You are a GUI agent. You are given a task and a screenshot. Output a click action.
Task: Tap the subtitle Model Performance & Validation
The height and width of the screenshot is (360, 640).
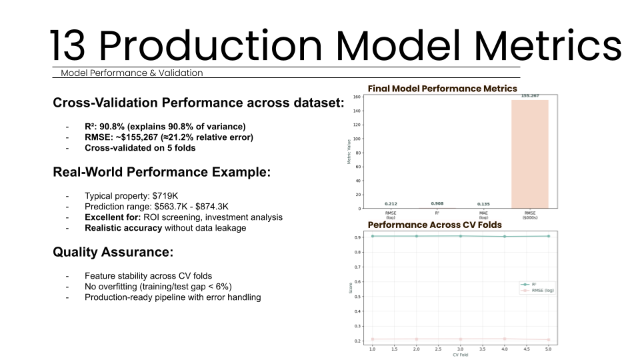pos(131,73)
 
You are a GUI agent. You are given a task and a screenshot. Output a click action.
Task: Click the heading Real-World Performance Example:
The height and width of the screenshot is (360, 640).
pos(161,171)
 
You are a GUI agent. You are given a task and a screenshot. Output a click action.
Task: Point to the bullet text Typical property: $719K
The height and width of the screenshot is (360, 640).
pos(131,196)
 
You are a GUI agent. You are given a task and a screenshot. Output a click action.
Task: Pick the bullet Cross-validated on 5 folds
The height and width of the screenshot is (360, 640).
pos(140,148)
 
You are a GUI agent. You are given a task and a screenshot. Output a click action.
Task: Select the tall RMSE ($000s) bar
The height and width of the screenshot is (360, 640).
pos(530,154)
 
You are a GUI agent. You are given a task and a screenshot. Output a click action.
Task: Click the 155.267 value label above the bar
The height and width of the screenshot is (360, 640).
pos(530,96)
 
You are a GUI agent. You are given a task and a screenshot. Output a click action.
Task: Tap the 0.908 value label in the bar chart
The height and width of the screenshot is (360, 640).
pos(437,203)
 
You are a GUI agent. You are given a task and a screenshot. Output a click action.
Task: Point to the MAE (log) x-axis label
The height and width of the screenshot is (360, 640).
pos(483,215)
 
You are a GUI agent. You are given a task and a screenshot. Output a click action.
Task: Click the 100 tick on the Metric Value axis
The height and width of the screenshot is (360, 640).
pos(357,139)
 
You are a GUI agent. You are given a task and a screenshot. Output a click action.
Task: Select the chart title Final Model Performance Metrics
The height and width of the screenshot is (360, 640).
pos(442,88)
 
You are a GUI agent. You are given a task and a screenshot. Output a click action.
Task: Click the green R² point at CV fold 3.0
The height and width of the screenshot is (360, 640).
pos(460,236)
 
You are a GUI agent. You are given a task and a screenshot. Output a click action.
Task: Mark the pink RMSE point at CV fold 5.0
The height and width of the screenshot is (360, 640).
pos(548,340)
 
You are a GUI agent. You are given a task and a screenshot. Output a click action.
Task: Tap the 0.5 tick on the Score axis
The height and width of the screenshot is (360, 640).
pos(358,296)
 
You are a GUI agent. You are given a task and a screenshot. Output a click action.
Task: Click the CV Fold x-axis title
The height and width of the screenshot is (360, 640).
pos(460,355)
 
